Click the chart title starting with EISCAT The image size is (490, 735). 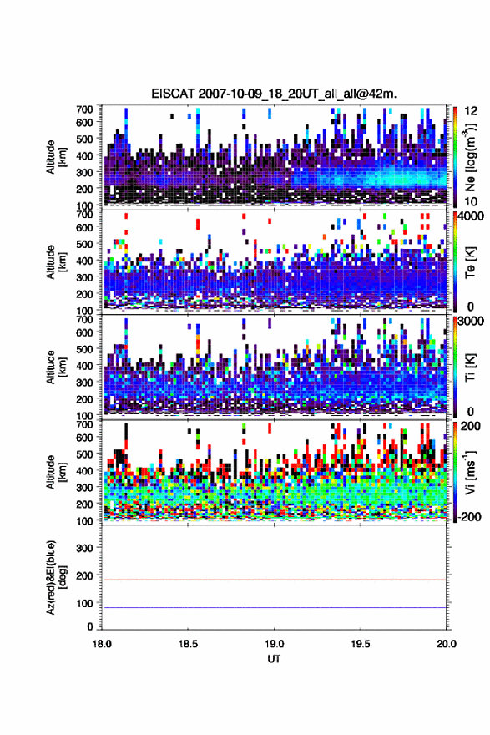point(274,94)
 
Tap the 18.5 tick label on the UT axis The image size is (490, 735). point(189,644)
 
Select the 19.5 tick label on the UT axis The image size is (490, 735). point(361,644)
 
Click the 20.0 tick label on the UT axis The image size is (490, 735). point(447,644)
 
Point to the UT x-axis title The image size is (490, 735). point(274,659)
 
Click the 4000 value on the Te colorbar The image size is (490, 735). point(470,216)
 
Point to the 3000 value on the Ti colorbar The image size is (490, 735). point(470,322)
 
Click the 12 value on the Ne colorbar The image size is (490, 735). point(470,111)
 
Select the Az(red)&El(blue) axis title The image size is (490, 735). point(56,577)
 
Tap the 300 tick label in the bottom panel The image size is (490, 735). point(84,548)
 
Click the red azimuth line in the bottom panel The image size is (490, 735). point(274,580)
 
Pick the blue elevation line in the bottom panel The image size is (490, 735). point(274,607)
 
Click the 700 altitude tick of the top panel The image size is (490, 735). point(84,109)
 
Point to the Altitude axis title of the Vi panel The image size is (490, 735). point(56,471)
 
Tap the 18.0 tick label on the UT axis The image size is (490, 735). point(102,644)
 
